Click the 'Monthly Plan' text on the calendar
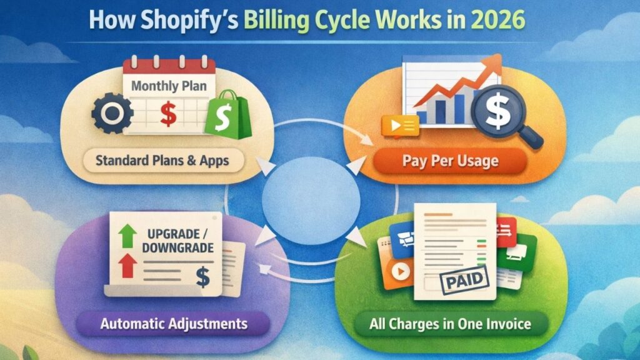tap(169, 86)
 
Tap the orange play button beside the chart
tap(396, 126)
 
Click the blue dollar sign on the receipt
tap(202, 276)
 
